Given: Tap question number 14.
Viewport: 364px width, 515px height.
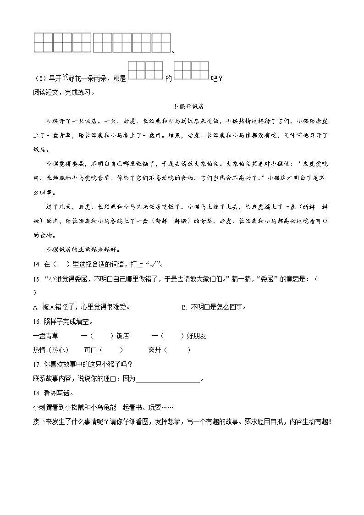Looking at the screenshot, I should point(37,265).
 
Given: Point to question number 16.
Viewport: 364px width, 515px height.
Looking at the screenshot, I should point(37,321).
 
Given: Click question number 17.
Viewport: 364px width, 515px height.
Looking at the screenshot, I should point(37,365).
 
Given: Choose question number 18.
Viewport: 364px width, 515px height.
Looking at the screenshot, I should point(37,393).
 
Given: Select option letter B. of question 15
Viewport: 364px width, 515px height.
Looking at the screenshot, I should point(184,307).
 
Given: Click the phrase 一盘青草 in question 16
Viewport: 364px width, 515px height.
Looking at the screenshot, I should point(46,336).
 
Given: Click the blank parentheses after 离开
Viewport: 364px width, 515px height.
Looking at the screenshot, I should point(176,350).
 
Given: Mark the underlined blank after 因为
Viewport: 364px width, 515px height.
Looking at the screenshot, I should point(168,379).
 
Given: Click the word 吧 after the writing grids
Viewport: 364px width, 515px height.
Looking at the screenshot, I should point(213,78).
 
